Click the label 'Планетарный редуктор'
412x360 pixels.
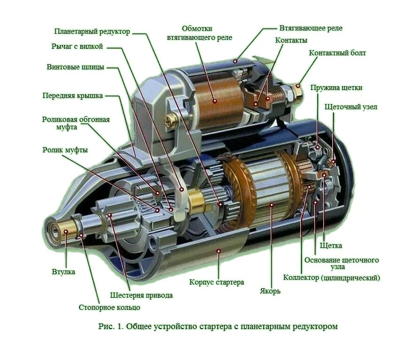(x=92, y=32)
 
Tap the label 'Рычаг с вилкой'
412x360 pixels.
(x=77, y=46)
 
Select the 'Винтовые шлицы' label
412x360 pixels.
(x=76, y=67)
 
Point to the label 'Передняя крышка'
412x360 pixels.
(x=73, y=96)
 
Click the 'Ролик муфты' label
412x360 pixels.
(x=65, y=150)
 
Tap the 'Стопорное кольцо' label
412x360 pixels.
(x=109, y=307)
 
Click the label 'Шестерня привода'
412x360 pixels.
(x=141, y=295)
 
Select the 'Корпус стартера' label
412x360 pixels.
(x=217, y=283)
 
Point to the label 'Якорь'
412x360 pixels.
(x=270, y=291)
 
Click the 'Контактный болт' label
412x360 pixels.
(x=337, y=53)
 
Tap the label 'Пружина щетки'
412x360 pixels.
(x=336, y=88)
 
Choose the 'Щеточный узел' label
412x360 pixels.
(x=351, y=107)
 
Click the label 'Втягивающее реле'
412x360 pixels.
(x=311, y=28)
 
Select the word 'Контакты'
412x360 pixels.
(x=291, y=40)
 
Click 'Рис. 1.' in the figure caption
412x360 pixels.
(x=111, y=326)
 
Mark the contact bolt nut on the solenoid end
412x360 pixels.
(x=296, y=88)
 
